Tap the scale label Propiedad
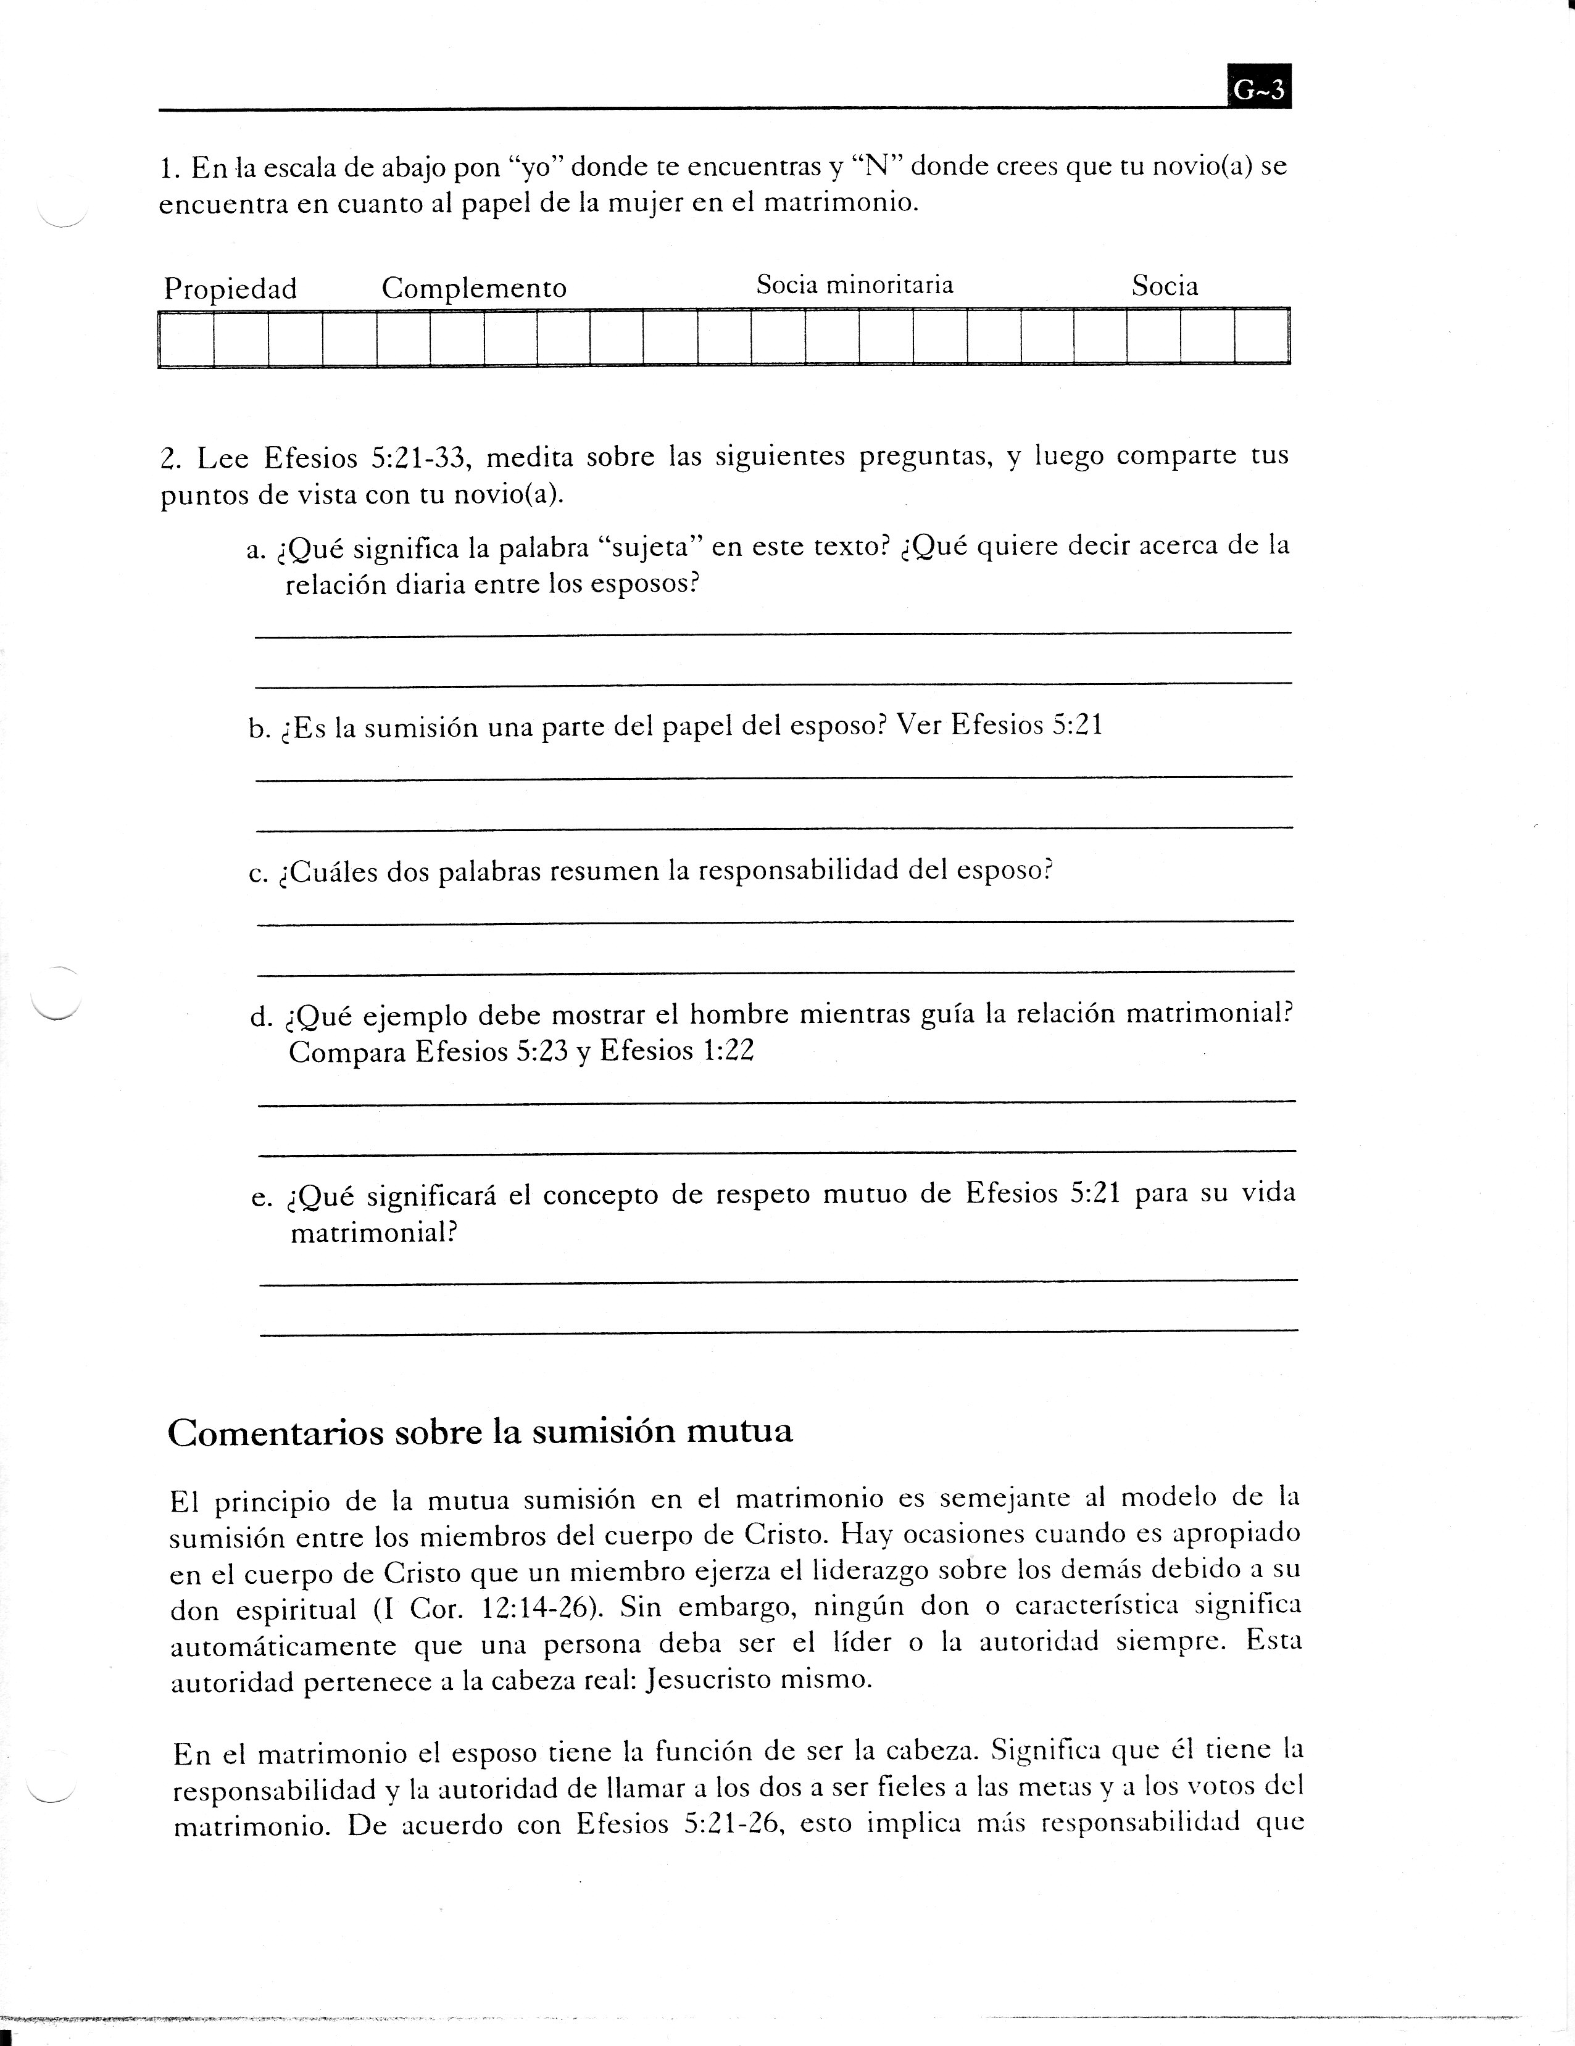pyautogui.click(x=230, y=289)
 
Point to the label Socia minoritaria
pyautogui.click(x=855, y=285)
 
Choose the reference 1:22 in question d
pyautogui.click(x=727, y=1051)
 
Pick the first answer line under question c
pyautogui.click(x=775, y=922)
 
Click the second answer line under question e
pyautogui.click(x=778, y=1330)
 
